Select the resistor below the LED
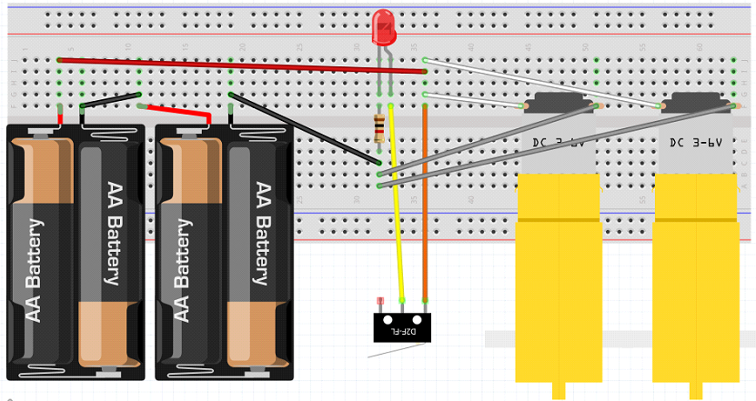[379, 129]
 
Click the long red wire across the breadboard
[237, 65]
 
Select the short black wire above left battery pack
[111, 100]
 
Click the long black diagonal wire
[305, 128]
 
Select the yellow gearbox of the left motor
[559, 273]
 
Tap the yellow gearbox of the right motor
[695, 273]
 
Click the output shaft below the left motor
[559, 391]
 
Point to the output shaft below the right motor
[695, 391]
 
